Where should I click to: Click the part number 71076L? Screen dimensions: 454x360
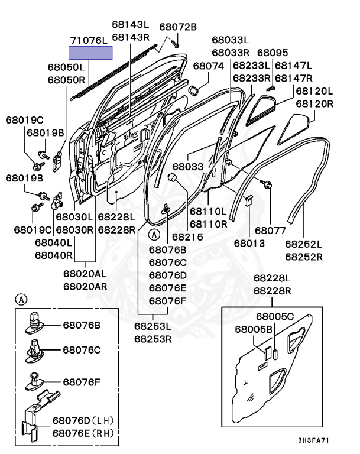point(90,40)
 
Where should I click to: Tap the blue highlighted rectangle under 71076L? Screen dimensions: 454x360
point(90,53)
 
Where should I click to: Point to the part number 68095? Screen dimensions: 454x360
point(273,53)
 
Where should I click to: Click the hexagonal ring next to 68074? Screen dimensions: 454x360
point(193,90)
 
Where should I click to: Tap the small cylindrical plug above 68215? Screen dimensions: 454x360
point(174,179)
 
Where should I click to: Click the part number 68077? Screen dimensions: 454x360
point(270,229)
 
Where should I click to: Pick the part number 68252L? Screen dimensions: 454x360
point(303,244)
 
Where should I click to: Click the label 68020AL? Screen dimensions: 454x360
point(85,274)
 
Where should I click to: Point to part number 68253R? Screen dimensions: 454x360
point(153,339)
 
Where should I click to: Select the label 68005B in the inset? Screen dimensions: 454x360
point(254,329)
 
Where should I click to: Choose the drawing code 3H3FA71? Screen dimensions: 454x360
point(313,440)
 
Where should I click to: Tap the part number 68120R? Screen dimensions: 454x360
point(314,103)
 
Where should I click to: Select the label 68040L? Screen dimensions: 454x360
point(53,242)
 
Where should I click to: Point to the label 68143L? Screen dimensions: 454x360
point(130,25)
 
